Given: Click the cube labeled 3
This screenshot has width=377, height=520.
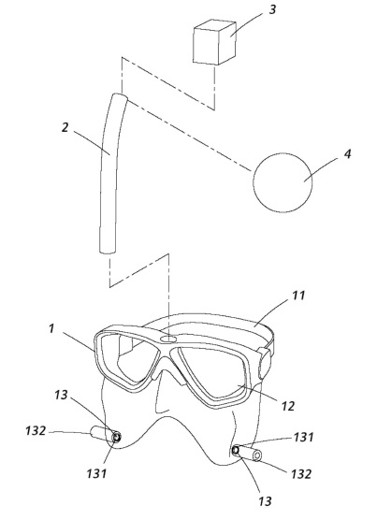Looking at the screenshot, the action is click(x=214, y=43).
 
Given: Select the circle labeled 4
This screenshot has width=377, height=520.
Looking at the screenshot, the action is click(x=283, y=182).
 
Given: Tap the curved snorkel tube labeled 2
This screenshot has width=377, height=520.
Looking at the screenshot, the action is click(x=109, y=172).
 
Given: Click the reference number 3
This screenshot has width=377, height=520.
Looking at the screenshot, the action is click(x=272, y=9).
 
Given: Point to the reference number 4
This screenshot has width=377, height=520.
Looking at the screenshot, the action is click(x=347, y=154).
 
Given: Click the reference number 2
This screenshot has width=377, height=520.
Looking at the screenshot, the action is click(x=65, y=127).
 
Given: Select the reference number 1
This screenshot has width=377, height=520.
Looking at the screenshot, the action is click(x=51, y=328).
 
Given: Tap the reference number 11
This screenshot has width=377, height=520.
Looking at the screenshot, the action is click(x=298, y=295).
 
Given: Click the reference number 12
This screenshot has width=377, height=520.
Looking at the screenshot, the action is click(x=287, y=406).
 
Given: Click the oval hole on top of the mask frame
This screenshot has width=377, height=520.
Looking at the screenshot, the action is click(x=168, y=339).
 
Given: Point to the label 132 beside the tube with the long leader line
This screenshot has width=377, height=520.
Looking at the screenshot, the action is click(x=36, y=430).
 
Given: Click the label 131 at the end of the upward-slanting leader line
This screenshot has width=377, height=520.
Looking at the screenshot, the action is click(x=303, y=438).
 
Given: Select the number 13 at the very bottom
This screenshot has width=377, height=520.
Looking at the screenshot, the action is click(x=265, y=501).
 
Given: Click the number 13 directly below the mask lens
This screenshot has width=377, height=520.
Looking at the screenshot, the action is click(x=61, y=395).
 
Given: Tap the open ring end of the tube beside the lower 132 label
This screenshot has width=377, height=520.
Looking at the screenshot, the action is click(x=257, y=456).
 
